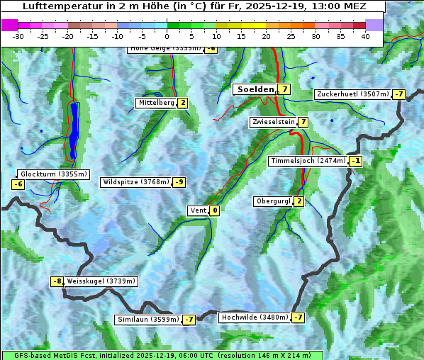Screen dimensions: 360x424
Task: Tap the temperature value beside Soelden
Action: [284, 89]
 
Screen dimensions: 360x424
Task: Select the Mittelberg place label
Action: [156, 103]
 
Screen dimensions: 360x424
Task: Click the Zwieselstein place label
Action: [273, 122]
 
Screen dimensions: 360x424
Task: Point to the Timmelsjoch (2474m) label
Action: [308, 161]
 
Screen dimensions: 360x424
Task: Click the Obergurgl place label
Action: [273, 201]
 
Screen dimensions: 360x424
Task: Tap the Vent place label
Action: [198, 210]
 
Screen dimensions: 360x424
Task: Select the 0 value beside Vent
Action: [214, 210]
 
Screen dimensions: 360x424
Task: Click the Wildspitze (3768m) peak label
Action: [136, 182]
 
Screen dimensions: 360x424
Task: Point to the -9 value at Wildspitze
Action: [179, 182]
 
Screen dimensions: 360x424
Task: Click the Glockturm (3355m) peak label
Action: [54, 174]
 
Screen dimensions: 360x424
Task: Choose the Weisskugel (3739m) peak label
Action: [100, 281]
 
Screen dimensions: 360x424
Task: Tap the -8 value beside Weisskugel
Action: [57, 281]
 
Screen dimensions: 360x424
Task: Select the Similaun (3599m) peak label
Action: [148, 320]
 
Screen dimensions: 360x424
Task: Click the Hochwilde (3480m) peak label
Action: [254, 317]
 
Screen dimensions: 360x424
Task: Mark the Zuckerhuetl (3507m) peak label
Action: [353, 94]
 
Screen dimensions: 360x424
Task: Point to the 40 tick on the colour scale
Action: [365, 35]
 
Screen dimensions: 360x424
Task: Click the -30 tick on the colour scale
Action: [18, 35]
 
